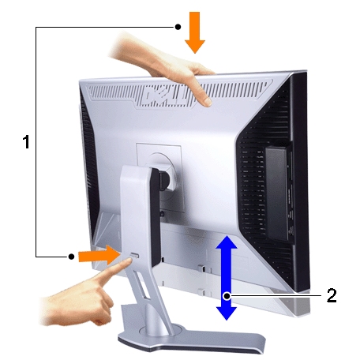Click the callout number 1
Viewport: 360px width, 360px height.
click(x=26, y=143)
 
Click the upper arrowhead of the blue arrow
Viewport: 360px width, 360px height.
click(x=227, y=242)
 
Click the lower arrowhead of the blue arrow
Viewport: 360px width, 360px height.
click(x=227, y=311)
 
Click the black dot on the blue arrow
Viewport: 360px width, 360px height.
click(x=227, y=295)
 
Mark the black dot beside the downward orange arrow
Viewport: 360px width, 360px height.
click(x=178, y=27)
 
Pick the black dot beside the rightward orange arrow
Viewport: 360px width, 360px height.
click(x=72, y=256)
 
